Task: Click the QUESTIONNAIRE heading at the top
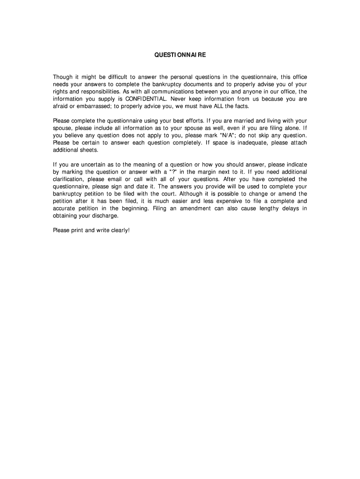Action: pos(180,55)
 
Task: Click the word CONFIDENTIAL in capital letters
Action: pos(145,99)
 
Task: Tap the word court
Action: pos(180,194)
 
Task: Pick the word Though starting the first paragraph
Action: pos(62,77)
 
